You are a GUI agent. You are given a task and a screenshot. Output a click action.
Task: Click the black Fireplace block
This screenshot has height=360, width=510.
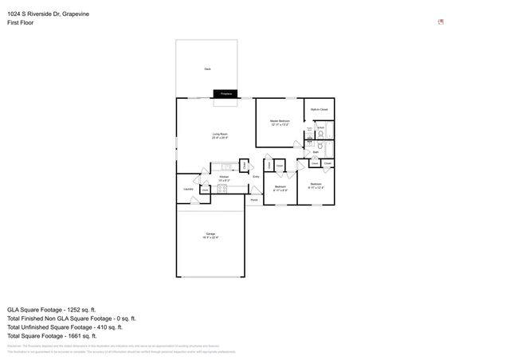pos(226,94)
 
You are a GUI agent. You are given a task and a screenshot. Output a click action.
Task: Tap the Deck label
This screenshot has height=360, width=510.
pos(207,69)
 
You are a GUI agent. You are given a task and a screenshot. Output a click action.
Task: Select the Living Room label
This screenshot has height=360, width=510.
pos(220,135)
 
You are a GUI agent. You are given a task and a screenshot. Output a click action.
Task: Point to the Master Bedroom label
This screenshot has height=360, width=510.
pos(280,121)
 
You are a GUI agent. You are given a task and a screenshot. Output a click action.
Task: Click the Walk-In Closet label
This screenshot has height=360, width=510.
pos(319,109)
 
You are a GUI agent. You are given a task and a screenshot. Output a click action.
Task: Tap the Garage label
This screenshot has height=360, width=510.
pos(210,233)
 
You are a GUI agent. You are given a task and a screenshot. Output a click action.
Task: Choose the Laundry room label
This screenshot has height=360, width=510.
pos(188,189)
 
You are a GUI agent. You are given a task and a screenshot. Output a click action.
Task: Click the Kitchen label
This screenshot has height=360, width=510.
pos(224,177)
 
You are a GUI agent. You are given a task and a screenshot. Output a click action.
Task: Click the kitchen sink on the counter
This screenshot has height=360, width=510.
pos(226,166)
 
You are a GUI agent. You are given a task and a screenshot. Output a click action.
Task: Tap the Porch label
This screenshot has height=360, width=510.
pos(253,199)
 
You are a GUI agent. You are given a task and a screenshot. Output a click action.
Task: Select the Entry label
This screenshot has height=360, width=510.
pos(256,176)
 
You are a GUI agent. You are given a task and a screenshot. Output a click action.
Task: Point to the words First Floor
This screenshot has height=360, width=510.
pos(20,22)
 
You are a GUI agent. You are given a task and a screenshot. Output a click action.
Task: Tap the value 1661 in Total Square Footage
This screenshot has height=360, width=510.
pos(76,335)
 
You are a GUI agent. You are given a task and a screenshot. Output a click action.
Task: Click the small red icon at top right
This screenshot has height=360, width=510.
pos(441,22)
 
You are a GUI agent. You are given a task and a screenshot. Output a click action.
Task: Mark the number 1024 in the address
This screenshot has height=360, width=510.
pos(14,14)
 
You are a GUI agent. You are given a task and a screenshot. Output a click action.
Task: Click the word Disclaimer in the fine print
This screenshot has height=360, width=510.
pos(14,346)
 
